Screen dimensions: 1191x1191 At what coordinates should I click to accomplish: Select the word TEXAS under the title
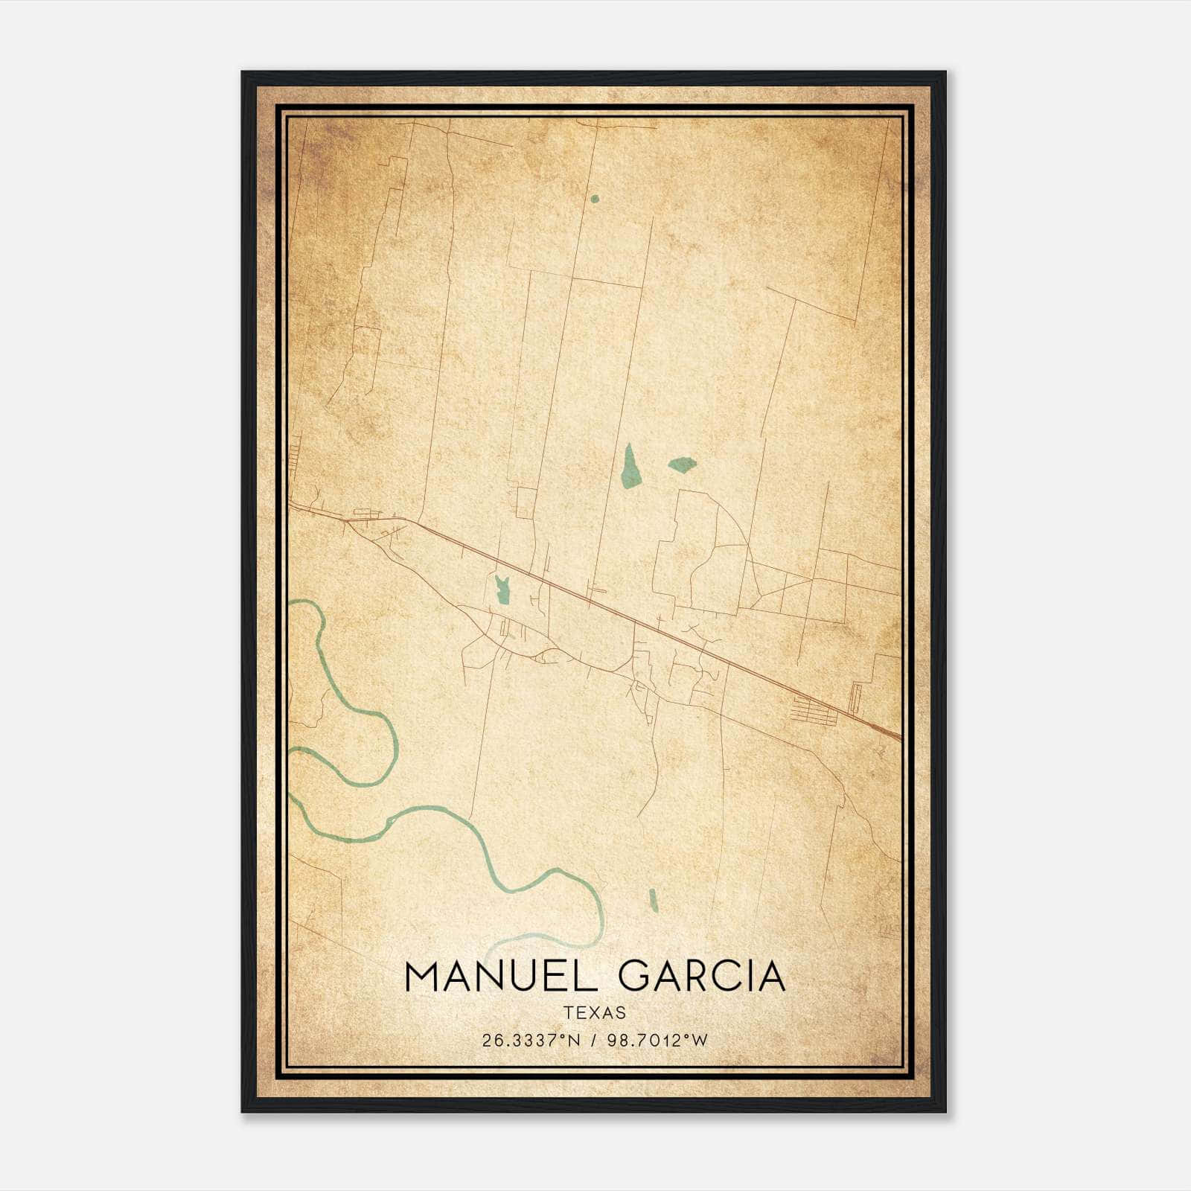point(595,1013)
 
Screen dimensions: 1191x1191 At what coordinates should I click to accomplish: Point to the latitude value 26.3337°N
point(530,1041)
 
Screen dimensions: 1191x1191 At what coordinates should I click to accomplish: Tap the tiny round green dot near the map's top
point(594,199)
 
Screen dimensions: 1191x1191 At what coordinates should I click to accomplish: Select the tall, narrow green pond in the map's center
point(630,467)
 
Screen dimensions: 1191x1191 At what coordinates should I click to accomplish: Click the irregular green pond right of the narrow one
point(682,465)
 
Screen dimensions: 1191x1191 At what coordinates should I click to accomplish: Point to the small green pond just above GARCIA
point(654,901)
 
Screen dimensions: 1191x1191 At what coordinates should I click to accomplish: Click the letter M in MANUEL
point(423,977)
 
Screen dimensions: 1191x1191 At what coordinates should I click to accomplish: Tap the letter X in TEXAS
point(595,1013)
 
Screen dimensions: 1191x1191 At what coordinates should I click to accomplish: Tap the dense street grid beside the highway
point(813,712)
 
